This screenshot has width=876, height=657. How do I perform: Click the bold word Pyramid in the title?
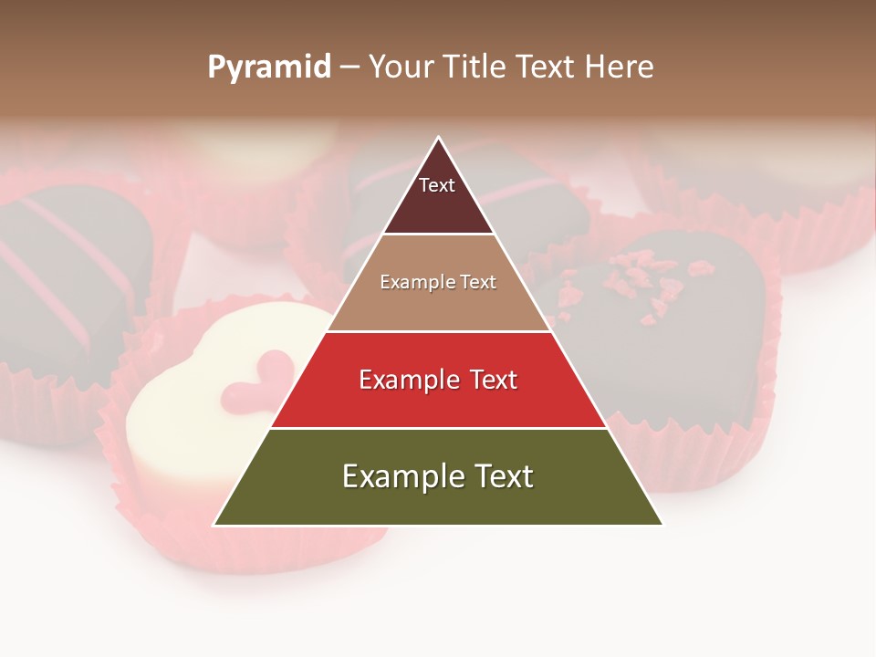point(268,68)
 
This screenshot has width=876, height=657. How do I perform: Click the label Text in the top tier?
point(436,185)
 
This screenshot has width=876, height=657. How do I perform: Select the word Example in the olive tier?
point(398,476)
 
